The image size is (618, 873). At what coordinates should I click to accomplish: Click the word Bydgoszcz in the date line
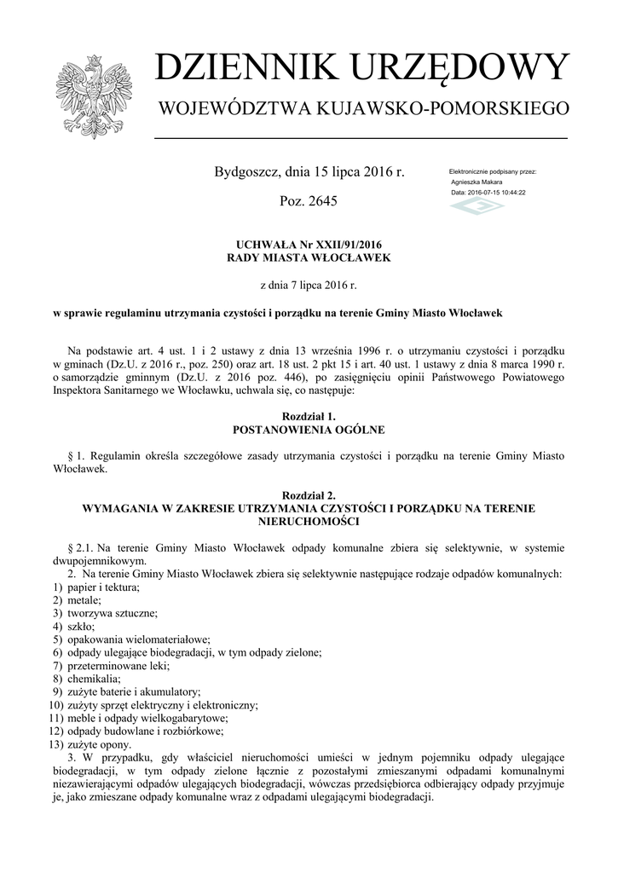coord(247,173)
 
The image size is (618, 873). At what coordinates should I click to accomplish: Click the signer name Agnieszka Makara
coord(476,182)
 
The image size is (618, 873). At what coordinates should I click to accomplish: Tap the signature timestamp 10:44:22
coord(510,193)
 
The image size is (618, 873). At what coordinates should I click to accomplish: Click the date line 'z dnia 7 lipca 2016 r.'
coord(309,285)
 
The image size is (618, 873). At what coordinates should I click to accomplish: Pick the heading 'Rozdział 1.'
coord(309,416)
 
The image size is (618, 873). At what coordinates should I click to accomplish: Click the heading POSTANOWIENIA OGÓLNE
coord(309,429)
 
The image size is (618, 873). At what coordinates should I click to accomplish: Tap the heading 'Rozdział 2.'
coord(309,495)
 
